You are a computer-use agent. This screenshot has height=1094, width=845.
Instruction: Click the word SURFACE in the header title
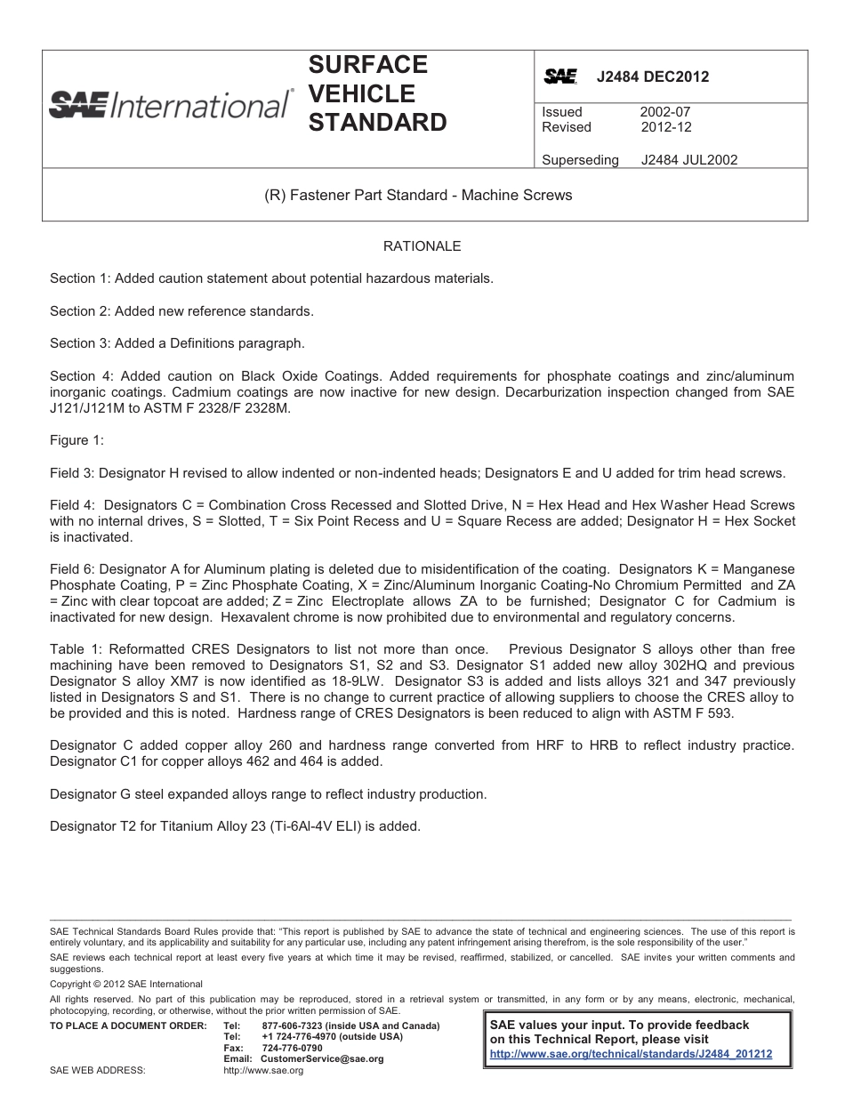367,65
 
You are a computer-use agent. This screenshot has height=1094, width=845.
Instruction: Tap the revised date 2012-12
665,127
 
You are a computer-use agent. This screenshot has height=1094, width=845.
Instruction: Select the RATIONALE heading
422,245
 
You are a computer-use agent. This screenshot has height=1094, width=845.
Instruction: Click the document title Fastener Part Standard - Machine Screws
418,195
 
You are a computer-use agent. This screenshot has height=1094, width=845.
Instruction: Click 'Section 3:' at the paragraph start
78,343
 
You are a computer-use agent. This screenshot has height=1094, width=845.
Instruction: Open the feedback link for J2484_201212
631,1054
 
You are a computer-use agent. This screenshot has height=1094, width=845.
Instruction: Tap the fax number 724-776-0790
292,1048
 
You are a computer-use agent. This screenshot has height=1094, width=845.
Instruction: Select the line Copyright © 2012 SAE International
125,985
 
